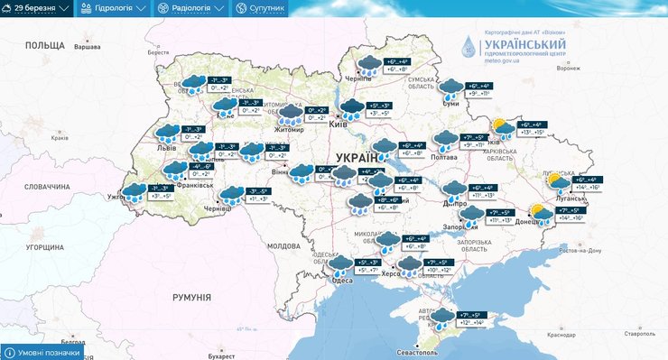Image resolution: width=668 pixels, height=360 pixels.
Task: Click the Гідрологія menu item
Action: coord(113,8)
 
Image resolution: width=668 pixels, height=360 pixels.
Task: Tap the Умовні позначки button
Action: coord(44,352)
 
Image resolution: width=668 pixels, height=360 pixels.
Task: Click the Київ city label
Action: coord(339,124)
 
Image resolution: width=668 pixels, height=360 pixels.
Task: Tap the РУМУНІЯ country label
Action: coord(191,297)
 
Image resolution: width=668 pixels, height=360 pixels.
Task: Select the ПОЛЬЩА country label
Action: coord(44,45)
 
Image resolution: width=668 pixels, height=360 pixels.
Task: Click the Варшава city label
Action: coord(86,44)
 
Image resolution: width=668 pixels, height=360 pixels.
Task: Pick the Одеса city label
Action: coord(343,281)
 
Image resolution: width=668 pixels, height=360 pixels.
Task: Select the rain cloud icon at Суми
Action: coord(450,88)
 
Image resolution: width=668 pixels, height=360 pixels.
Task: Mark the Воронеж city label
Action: coord(569,68)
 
